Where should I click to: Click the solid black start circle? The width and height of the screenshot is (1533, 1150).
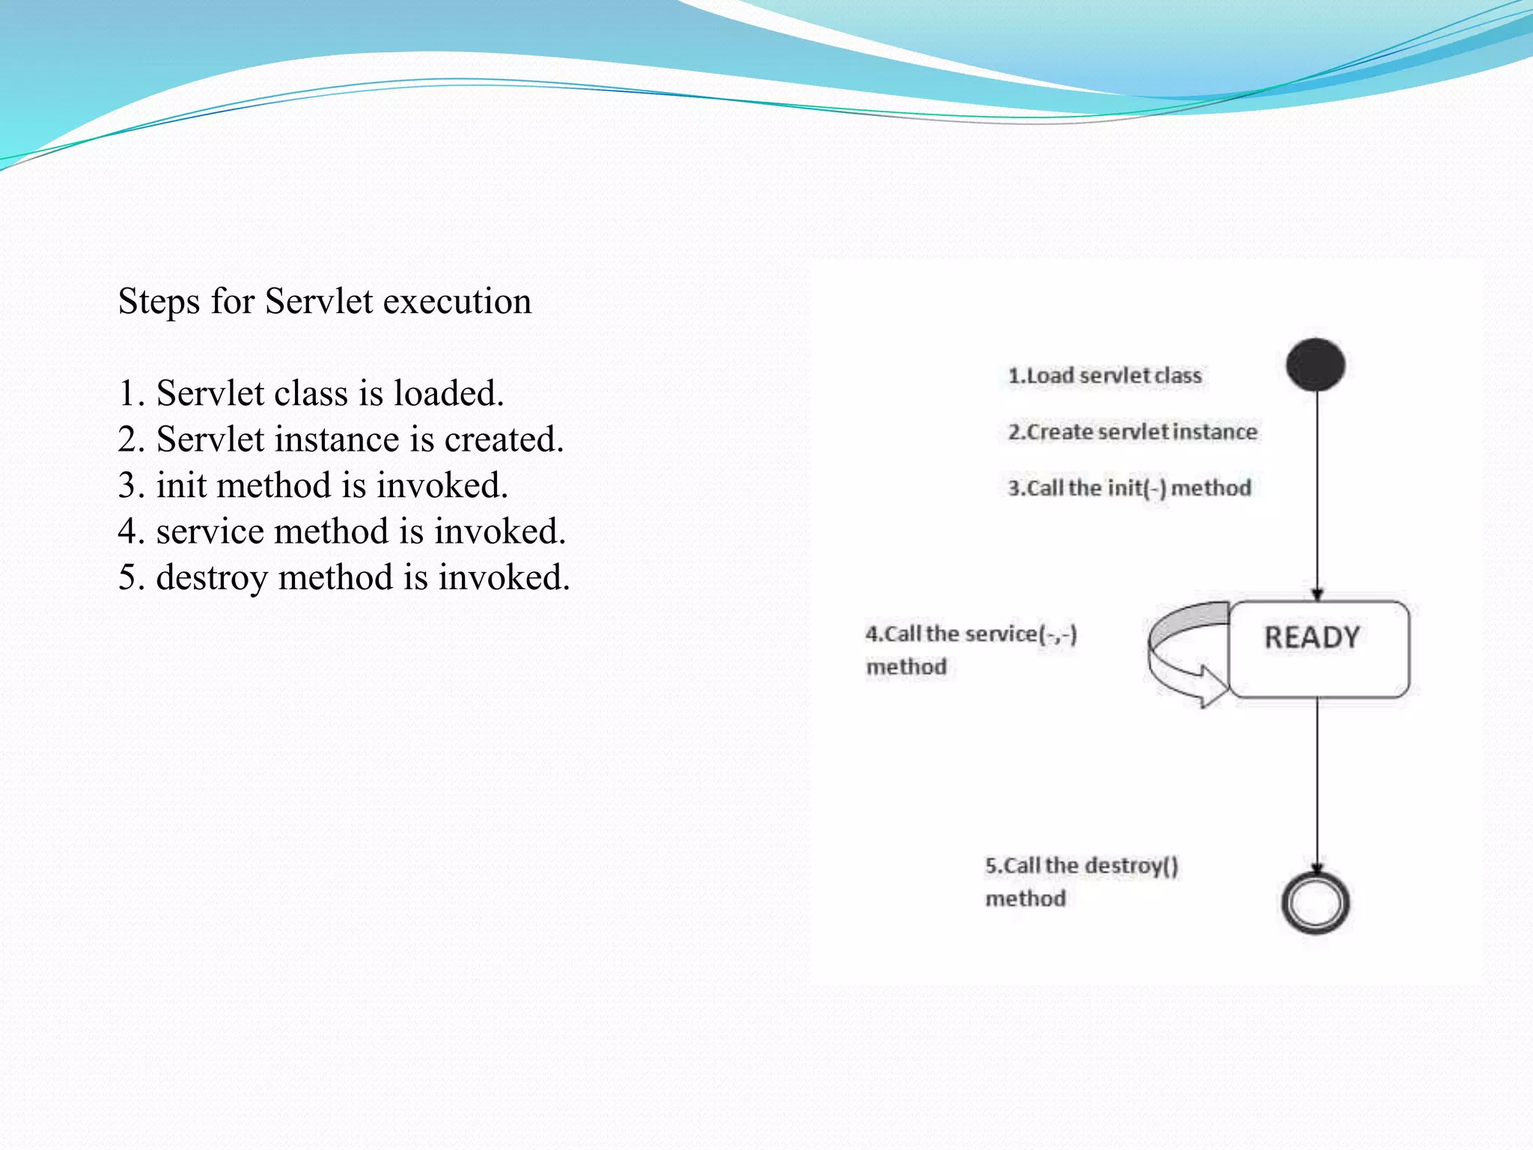pos(1315,365)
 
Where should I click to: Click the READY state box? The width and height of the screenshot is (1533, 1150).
pos(1318,649)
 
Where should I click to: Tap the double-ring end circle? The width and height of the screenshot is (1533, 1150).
pos(1315,903)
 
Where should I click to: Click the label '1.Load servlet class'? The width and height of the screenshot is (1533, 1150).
pos(1104,375)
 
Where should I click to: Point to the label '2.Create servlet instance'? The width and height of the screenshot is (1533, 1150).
pos(1132,432)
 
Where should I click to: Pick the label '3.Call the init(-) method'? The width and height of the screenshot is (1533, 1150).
pos(1129,488)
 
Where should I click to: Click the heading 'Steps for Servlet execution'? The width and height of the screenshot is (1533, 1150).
pos(325,301)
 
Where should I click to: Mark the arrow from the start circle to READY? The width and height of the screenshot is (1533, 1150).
pos(1317,494)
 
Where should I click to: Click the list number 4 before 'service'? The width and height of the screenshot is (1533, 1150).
pos(130,532)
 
